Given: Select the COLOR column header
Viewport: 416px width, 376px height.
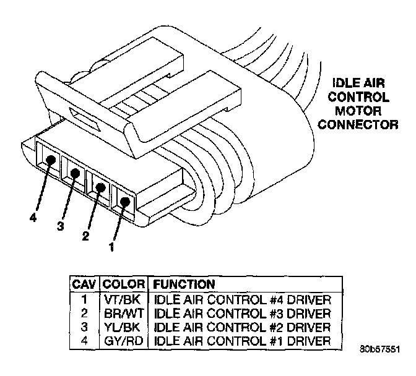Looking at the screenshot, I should pyautogui.click(x=123, y=284).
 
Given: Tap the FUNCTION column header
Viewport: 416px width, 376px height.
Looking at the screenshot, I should pyautogui.click(x=184, y=284).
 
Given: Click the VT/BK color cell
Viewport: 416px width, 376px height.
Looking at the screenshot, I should pyautogui.click(x=123, y=299).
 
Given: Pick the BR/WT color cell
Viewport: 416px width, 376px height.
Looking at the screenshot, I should pyautogui.click(x=123, y=313).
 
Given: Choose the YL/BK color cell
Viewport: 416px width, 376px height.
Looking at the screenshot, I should pyautogui.click(x=123, y=327).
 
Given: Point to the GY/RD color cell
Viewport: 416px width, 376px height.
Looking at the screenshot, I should pyautogui.click(x=123, y=340).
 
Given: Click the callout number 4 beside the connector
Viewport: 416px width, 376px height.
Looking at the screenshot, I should pyautogui.click(x=32, y=218).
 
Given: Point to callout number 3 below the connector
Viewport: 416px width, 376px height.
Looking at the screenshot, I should pyautogui.click(x=60, y=227).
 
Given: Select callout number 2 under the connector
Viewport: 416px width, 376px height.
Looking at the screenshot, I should pyautogui.click(x=85, y=236).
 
